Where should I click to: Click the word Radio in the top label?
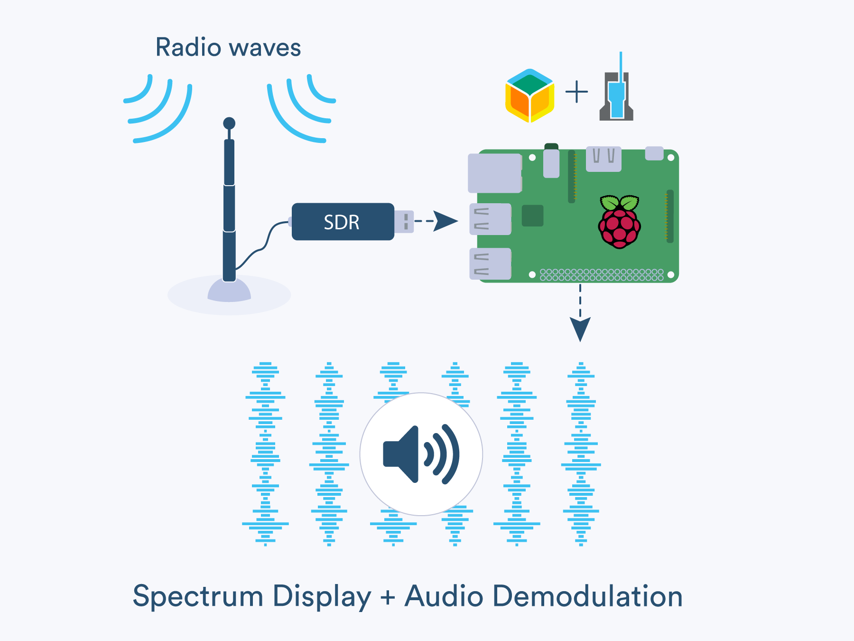point(188,47)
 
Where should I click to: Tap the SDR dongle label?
point(342,222)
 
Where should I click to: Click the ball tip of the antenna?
point(229,123)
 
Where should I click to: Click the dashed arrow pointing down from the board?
point(580,313)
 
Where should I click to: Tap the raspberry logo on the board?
point(619,222)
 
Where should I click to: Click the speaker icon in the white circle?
point(421,454)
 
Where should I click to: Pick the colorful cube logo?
point(529,95)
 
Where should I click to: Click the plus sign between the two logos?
point(576,92)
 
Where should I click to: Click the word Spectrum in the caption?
point(198,596)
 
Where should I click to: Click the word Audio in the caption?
point(444,596)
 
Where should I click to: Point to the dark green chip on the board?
point(532,216)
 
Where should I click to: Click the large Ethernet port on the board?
point(494,173)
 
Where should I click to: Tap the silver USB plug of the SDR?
point(404,222)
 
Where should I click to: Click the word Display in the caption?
point(322,596)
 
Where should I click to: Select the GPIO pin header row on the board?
point(602,275)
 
